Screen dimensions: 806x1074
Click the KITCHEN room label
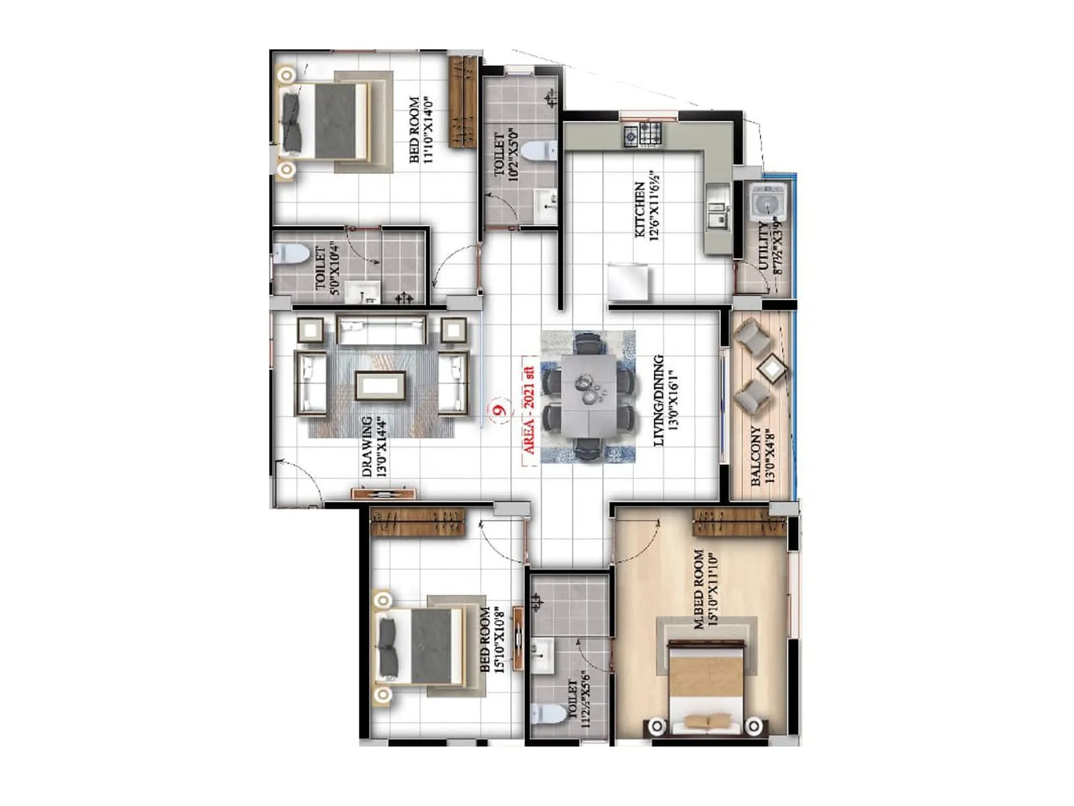tap(640, 210)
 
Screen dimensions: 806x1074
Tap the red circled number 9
tap(499, 409)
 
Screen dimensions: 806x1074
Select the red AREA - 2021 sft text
tap(529, 411)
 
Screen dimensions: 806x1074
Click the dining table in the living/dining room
tap(589, 396)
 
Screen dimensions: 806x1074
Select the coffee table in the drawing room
tap(381, 386)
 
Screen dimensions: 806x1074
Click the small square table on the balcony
tap(772, 368)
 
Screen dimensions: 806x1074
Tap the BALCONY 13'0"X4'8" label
tap(763, 455)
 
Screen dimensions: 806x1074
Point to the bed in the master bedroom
tap(705, 685)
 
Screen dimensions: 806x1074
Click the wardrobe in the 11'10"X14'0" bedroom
tap(462, 102)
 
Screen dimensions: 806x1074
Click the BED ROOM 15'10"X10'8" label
tap(491, 640)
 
